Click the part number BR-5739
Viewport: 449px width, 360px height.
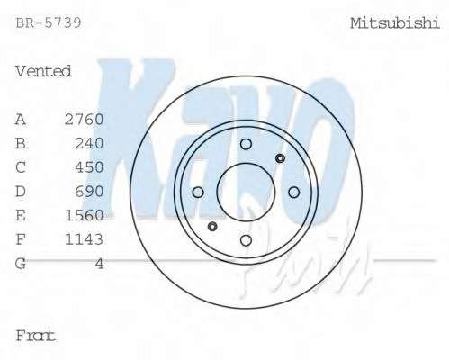(x=49, y=22)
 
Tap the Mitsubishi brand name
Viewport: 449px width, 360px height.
(x=395, y=23)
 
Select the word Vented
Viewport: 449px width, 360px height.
(x=43, y=71)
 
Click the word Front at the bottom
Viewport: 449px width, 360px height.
(x=35, y=336)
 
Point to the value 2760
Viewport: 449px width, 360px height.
(x=84, y=120)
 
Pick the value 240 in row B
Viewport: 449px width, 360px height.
(x=89, y=143)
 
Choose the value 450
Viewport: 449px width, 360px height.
(x=89, y=167)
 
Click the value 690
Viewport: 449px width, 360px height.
(x=89, y=192)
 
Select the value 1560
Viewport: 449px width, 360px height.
(x=84, y=215)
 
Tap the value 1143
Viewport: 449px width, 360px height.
(x=84, y=239)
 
